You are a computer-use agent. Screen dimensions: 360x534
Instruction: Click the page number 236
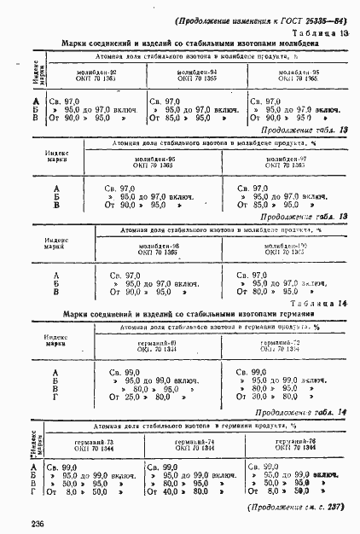pyautogui.click(x=37, y=522)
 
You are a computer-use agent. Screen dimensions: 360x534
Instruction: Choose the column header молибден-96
pyautogui.click(x=155, y=160)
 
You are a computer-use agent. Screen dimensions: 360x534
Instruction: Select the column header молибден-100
pyautogui.click(x=281, y=246)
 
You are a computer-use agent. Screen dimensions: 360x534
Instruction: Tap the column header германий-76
pyautogui.click(x=285, y=441)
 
